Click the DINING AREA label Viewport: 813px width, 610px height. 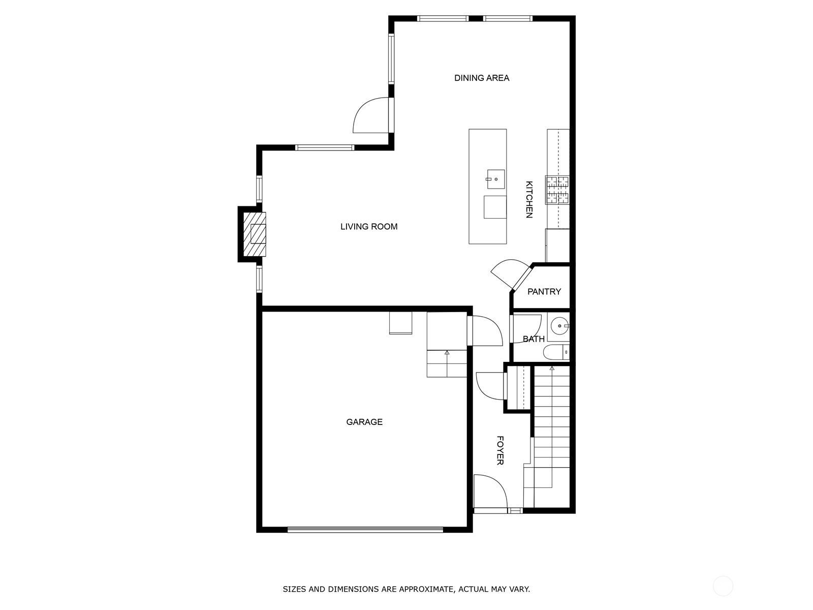[482, 78]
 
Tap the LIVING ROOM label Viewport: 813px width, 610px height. [369, 226]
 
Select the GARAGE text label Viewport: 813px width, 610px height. [364, 422]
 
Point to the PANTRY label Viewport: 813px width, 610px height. [544, 291]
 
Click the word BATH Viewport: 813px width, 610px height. [534, 339]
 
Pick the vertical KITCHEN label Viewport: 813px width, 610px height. [529, 199]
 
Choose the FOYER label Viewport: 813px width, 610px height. [499, 450]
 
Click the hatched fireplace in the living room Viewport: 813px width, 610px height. [254, 234]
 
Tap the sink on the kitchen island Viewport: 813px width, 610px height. [495, 179]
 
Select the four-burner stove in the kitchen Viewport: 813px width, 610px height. [557, 190]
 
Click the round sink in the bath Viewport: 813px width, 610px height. [559, 326]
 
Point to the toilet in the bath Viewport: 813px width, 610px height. [556, 352]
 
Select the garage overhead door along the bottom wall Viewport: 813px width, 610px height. [365, 530]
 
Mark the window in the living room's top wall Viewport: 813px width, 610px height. [325, 148]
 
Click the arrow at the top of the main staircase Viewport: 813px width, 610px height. [552, 368]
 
